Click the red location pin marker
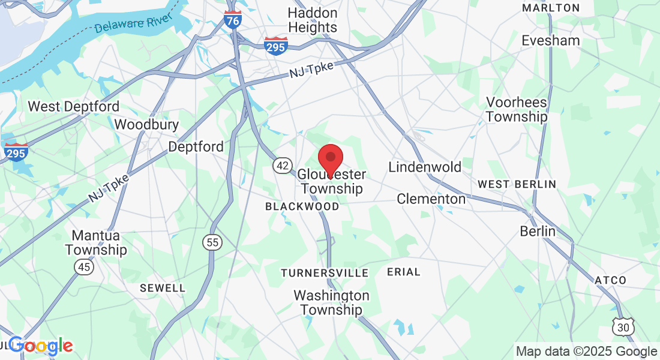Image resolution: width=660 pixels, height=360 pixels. click(x=330, y=158)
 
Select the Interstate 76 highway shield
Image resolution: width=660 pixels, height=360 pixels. click(x=233, y=20)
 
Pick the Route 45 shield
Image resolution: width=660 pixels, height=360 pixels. click(x=84, y=266)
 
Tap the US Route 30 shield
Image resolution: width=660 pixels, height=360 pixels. click(x=623, y=326)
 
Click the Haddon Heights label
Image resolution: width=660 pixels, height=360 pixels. click(x=313, y=20)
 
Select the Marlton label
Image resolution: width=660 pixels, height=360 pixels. click(x=551, y=8)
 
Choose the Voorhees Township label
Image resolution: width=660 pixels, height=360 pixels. click(x=517, y=109)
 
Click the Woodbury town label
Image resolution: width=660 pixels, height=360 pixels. click(x=146, y=125)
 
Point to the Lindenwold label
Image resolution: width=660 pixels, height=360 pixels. click(x=425, y=167)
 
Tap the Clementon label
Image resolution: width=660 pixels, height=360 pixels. click(x=431, y=199)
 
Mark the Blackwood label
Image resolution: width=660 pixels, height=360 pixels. click(x=302, y=206)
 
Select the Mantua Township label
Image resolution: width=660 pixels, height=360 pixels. click(x=96, y=242)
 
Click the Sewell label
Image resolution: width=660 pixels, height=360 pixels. click(x=163, y=288)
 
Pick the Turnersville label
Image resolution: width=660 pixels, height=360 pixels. click(x=325, y=273)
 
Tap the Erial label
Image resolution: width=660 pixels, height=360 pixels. click(x=404, y=272)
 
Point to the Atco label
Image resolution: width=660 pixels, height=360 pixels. click(x=611, y=280)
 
